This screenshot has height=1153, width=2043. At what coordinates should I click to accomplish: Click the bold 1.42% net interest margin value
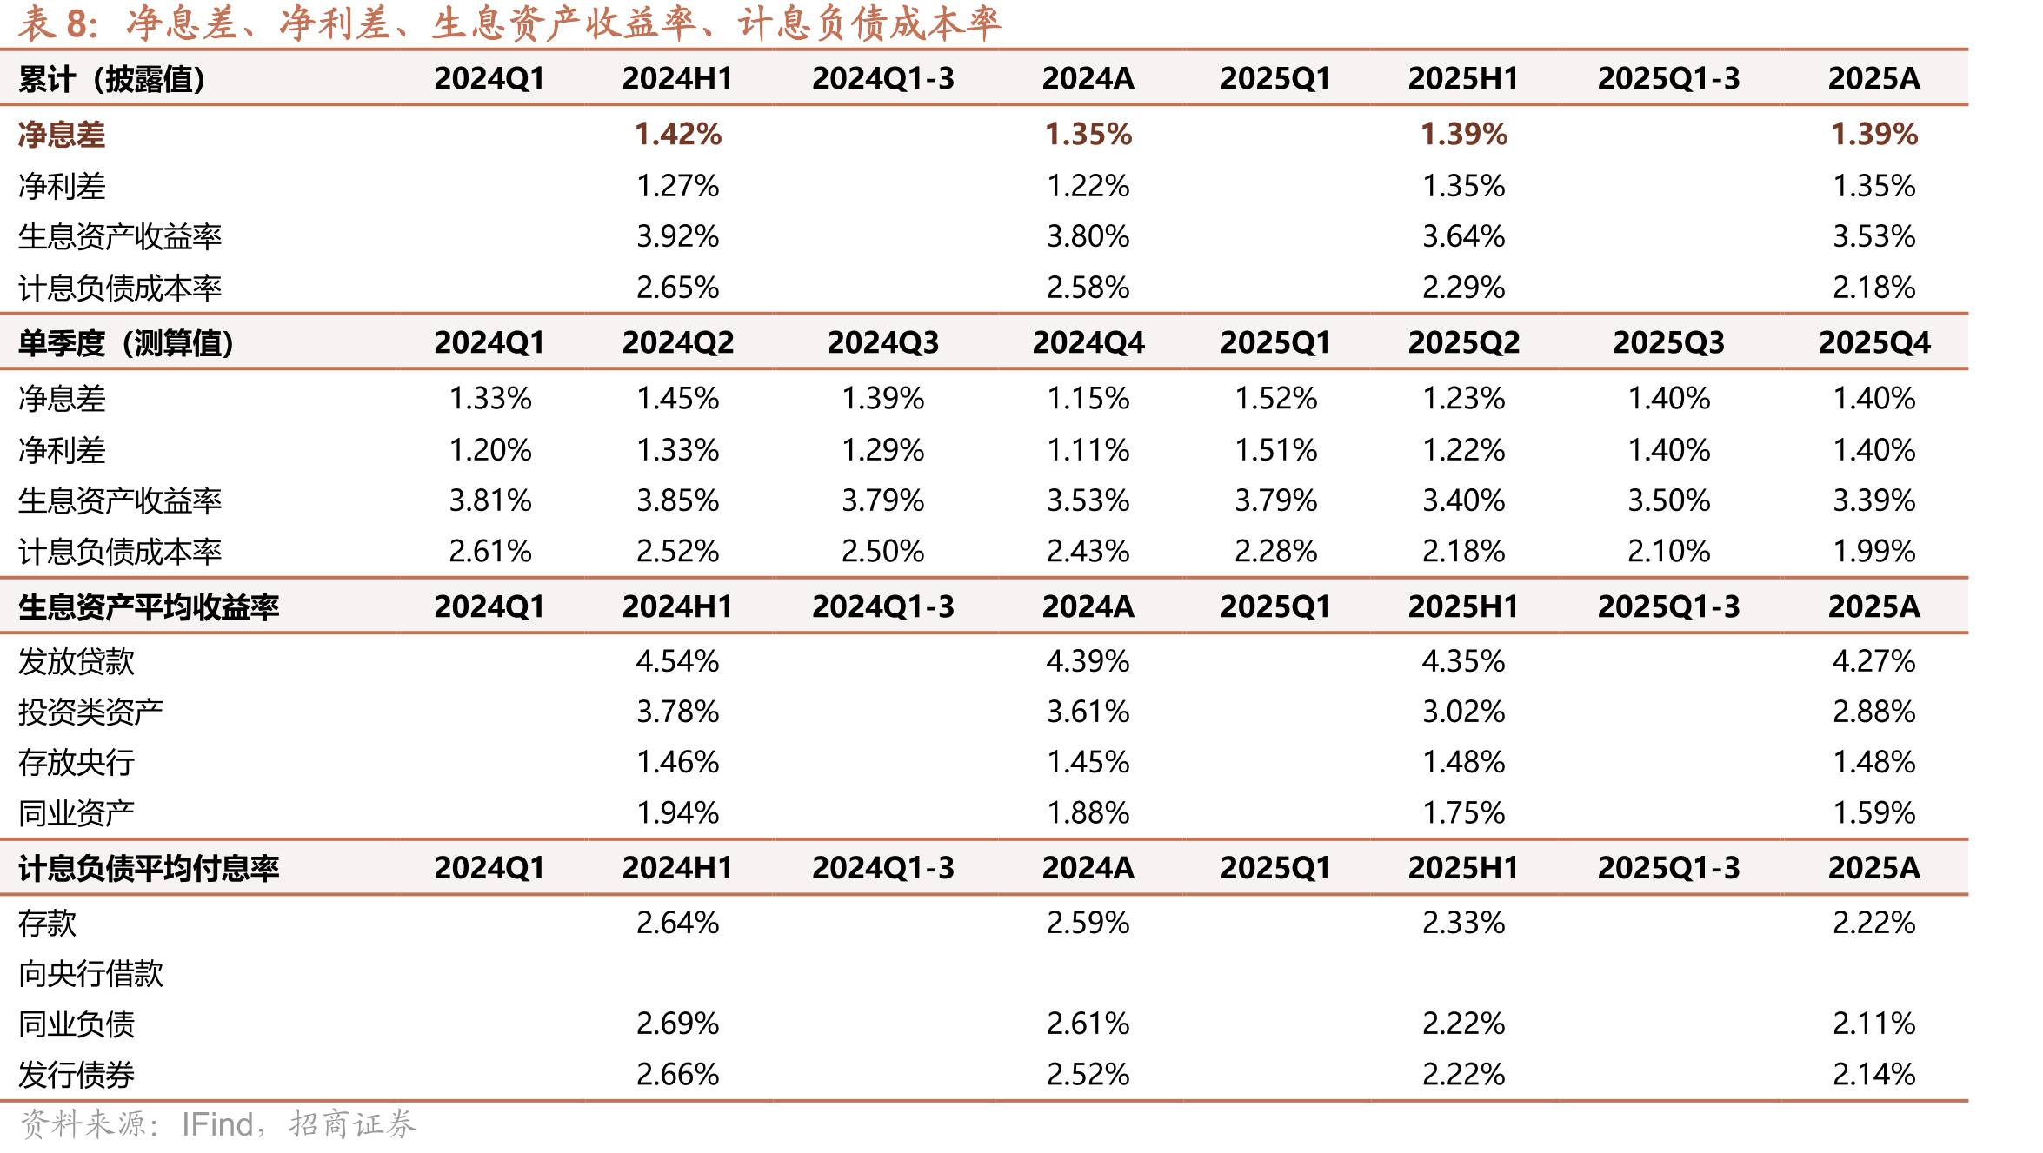[678, 134]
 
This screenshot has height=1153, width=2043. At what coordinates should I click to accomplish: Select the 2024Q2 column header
[678, 342]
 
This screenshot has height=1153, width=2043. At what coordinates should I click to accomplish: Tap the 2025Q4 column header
[1874, 342]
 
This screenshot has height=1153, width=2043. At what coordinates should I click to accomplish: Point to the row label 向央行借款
[91, 973]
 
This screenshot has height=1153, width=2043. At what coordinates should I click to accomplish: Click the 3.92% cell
[678, 236]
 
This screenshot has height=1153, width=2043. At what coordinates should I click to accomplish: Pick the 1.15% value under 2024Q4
[1088, 399]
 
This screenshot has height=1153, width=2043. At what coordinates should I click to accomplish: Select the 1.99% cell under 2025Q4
[1874, 551]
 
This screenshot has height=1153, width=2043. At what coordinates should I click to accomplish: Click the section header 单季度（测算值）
[126, 343]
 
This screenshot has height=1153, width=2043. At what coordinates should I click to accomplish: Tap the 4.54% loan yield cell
[678, 661]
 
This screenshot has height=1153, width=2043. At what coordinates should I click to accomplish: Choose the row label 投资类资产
[91, 712]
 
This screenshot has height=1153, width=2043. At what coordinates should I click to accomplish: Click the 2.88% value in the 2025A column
[1874, 712]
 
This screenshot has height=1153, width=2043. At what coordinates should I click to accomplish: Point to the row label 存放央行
[77, 763]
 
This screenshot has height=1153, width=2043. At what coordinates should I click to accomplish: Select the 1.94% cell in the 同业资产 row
[678, 813]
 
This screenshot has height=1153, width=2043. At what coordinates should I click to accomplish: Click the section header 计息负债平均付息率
[149, 868]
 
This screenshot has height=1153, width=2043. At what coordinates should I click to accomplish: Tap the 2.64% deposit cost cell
[678, 923]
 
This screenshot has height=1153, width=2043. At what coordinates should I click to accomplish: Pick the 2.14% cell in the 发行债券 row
[1874, 1075]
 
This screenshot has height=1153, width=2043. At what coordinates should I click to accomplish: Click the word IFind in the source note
[217, 1124]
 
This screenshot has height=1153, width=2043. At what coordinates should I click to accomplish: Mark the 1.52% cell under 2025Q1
[1276, 399]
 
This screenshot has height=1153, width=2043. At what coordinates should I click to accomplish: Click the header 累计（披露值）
[112, 79]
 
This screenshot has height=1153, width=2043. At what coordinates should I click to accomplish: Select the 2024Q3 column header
[883, 342]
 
